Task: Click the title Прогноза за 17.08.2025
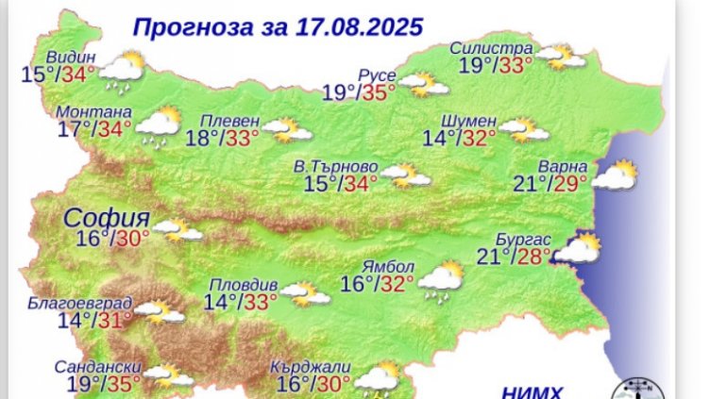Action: pos(263,25)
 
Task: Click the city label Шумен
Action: pos(468,121)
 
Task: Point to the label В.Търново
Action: pos(335,165)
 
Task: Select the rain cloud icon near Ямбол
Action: pos(439,279)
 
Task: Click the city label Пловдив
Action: pos(245,285)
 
